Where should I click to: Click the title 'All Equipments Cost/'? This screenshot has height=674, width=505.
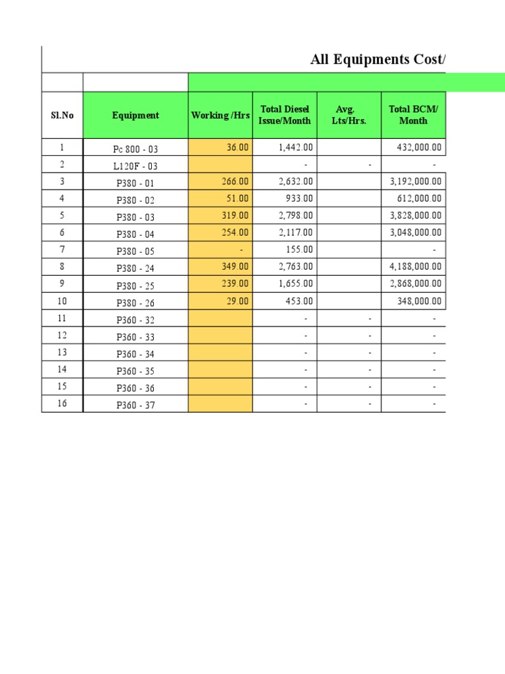coord(377,61)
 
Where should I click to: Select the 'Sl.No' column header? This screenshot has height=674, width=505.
coord(62,115)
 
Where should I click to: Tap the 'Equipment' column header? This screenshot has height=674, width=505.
coord(135,115)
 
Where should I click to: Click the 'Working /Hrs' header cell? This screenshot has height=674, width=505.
coord(220,115)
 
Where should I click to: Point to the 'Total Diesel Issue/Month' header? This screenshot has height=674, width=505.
coord(285,115)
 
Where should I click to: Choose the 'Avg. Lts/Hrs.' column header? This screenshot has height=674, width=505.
coord(349,115)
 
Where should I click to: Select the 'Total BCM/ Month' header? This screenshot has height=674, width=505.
coord(413,115)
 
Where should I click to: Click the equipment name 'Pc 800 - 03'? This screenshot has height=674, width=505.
coord(136,149)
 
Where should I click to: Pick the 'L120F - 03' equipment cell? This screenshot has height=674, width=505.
coord(135,166)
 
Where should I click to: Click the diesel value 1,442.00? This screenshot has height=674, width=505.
coord(296,147)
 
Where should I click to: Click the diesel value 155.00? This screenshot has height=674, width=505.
coord(300,249)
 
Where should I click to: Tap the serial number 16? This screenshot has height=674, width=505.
coord(62,403)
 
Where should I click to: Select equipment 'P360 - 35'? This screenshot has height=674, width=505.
coord(135,371)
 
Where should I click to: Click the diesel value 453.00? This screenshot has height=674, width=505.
coord(300,301)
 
